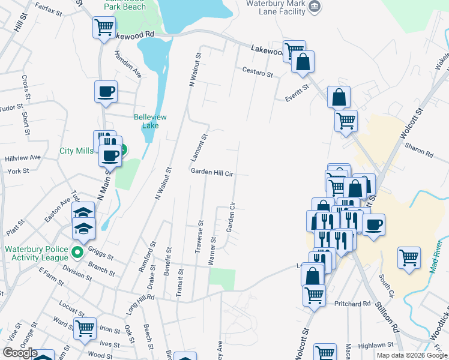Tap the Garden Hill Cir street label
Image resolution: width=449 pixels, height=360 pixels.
[211, 172]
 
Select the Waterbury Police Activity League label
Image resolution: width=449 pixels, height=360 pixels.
[38, 253]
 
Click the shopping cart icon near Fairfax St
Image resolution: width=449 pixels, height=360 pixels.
[104, 27]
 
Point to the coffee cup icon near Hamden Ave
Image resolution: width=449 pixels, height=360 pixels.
[106, 92]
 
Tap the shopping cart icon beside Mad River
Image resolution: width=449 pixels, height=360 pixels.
[409, 257]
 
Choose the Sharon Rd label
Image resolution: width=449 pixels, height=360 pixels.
[419, 150]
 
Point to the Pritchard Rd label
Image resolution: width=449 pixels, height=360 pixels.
[353, 304]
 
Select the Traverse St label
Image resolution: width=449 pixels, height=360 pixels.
[200, 236]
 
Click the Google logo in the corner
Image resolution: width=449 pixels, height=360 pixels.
[20, 353]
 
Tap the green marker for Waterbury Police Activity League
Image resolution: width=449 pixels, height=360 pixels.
[77, 253]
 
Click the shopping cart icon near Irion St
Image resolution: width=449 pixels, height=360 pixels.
[85, 328]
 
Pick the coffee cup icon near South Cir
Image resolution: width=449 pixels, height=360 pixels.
[374, 225]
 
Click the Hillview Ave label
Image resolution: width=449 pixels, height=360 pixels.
[23, 157]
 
